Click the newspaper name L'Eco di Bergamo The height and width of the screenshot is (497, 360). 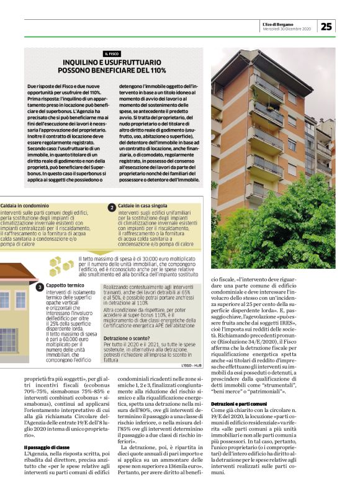click(x=287, y=22)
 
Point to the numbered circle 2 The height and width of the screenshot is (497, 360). click(x=111, y=208)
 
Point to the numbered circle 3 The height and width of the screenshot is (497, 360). click(x=39, y=287)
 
